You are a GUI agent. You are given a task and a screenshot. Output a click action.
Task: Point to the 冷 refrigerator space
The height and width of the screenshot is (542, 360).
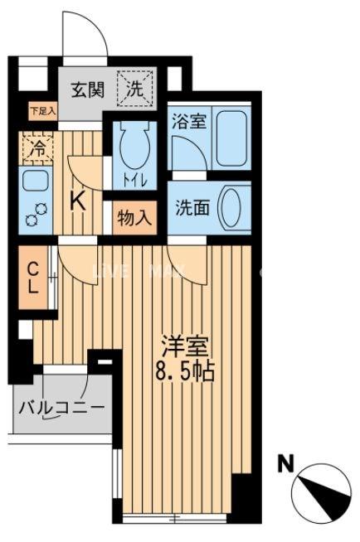click(37, 150)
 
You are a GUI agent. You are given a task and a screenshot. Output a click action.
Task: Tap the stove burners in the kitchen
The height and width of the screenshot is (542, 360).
click(34, 215)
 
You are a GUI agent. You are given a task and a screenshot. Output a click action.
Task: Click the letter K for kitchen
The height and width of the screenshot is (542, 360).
click(78, 200)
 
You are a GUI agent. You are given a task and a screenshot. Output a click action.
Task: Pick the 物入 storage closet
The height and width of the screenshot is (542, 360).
click(134, 219)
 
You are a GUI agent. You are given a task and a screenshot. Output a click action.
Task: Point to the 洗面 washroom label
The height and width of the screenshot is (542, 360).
click(192, 208)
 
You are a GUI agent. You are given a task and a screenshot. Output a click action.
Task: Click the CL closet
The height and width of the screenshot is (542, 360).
click(34, 278)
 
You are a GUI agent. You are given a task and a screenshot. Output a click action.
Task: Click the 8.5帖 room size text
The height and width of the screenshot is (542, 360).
click(183, 370)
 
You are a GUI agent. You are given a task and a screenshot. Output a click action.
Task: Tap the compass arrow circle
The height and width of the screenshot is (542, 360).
click(319, 491)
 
